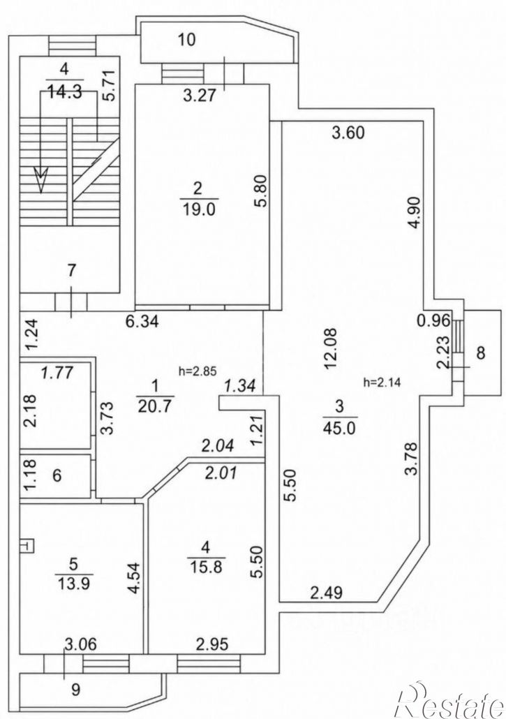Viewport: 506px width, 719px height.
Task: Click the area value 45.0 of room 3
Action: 340,427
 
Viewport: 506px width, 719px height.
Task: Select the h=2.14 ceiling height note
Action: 382,382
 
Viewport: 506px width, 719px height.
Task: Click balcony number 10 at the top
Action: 187,39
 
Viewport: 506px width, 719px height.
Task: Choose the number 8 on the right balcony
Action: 480,353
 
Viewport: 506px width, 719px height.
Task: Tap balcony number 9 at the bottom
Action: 76,689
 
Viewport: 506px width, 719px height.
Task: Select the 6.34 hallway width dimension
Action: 142,321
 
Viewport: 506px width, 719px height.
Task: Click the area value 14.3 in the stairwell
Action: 65,91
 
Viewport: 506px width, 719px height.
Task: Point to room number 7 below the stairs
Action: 71,271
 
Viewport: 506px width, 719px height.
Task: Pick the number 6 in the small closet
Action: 57,475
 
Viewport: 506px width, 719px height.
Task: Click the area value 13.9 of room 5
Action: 74,584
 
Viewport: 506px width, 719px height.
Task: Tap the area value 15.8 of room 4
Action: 205,567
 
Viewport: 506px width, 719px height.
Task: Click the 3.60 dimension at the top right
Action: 348,133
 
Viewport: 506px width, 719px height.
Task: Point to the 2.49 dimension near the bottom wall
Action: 327,593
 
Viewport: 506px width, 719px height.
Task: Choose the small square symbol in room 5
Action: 27,546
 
